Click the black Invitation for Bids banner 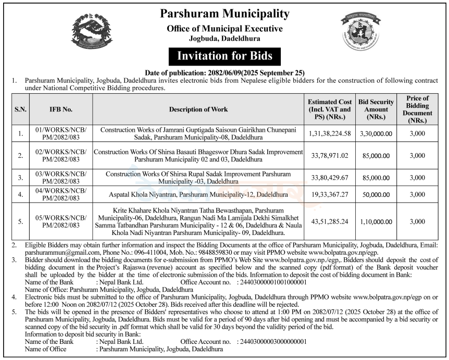click(x=224, y=55)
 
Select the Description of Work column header click(x=198, y=110)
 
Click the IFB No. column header click(x=61, y=110)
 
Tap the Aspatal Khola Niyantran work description click(x=198, y=194)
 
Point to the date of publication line click(x=224, y=73)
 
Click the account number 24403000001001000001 click(x=271, y=282)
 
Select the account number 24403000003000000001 click(x=271, y=342)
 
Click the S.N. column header click(x=21, y=110)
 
